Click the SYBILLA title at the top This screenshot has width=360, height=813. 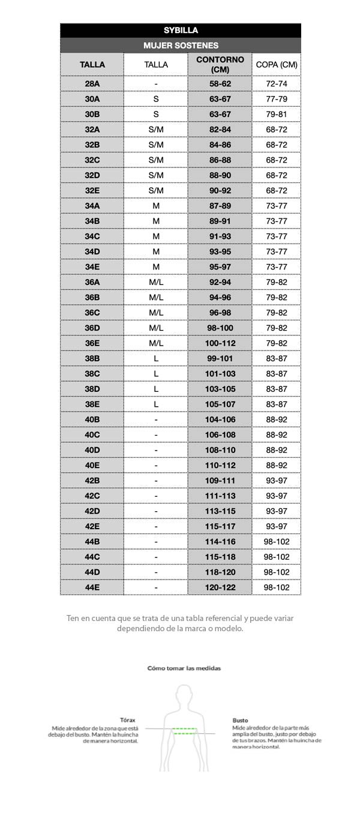(181, 30)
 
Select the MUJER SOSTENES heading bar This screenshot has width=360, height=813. (181, 45)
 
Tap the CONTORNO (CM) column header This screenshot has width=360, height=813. (220, 64)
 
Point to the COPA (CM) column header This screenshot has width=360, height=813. (277, 64)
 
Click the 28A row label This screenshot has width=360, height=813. (92, 83)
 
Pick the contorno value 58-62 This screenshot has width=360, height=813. (220, 83)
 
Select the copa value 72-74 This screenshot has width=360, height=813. (277, 83)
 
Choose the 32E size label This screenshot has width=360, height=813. (92, 190)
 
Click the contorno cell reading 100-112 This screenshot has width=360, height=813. (220, 343)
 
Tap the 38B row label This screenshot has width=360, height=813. (92, 358)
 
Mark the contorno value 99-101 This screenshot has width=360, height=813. (220, 358)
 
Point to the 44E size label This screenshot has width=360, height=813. (92, 587)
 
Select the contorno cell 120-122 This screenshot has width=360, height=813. (220, 587)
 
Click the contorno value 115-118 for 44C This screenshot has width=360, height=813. (220, 557)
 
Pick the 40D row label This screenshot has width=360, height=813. (92, 450)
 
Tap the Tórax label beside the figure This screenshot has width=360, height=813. (128, 720)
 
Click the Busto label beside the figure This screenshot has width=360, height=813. (240, 720)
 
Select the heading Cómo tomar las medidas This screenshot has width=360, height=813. (184, 667)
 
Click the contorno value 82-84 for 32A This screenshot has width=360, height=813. (220, 129)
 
